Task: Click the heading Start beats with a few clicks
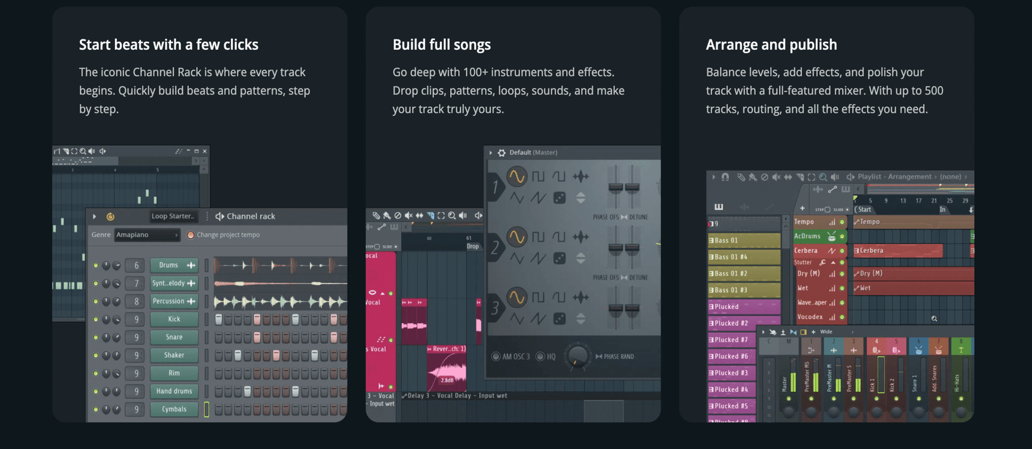tap(168, 45)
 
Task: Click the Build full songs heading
tap(441, 45)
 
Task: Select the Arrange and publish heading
tap(771, 45)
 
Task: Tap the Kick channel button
tap(174, 319)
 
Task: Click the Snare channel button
tap(174, 337)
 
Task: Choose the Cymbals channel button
tap(174, 409)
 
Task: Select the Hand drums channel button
tap(174, 391)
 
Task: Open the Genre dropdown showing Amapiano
tap(147, 235)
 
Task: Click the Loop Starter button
tap(174, 216)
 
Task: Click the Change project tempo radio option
tap(191, 235)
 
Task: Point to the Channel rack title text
tap(251, 216)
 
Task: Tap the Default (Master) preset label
tap(533, 153)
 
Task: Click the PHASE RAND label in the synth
tap(618, 357)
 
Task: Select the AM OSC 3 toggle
tap(496, 357)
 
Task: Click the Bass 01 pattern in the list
tap(744, 241)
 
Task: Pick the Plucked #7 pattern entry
tap(744, 340)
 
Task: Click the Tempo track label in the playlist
tap(804, 222)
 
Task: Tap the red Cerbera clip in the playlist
tap(897, 250)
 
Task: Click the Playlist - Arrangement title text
tap(895, 177)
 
